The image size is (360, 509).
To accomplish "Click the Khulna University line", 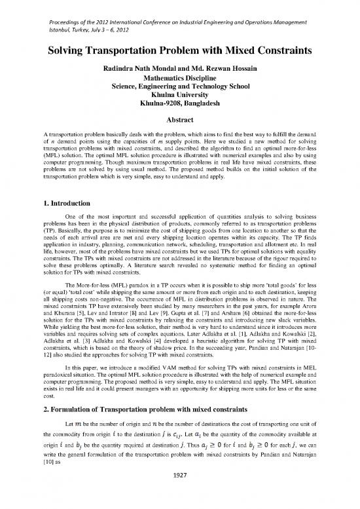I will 179,96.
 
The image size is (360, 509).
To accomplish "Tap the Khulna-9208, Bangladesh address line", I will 179,104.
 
